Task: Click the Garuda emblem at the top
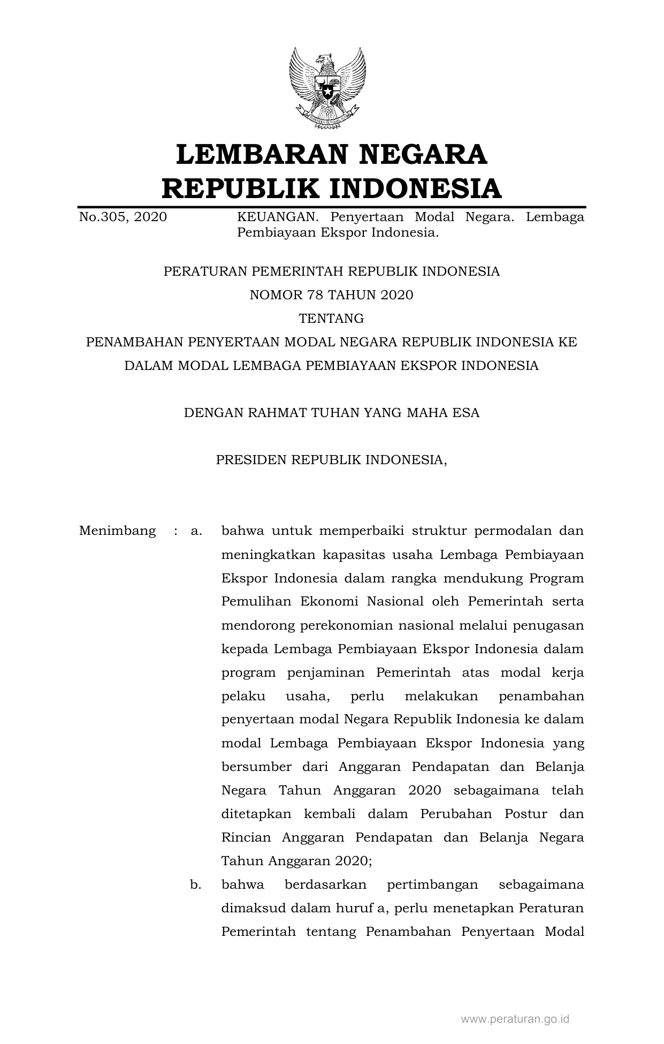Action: coord(327,88)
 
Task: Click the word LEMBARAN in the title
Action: coord(261,154)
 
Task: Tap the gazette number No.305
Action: coord(103,217)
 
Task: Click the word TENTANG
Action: coord(331,319)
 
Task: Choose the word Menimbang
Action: coord(117,531)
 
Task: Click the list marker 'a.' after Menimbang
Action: coord(196,531)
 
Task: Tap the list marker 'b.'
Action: coord(196,884)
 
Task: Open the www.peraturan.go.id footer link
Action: coord(515,1019)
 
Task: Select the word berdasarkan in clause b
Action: coord(325,884)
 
